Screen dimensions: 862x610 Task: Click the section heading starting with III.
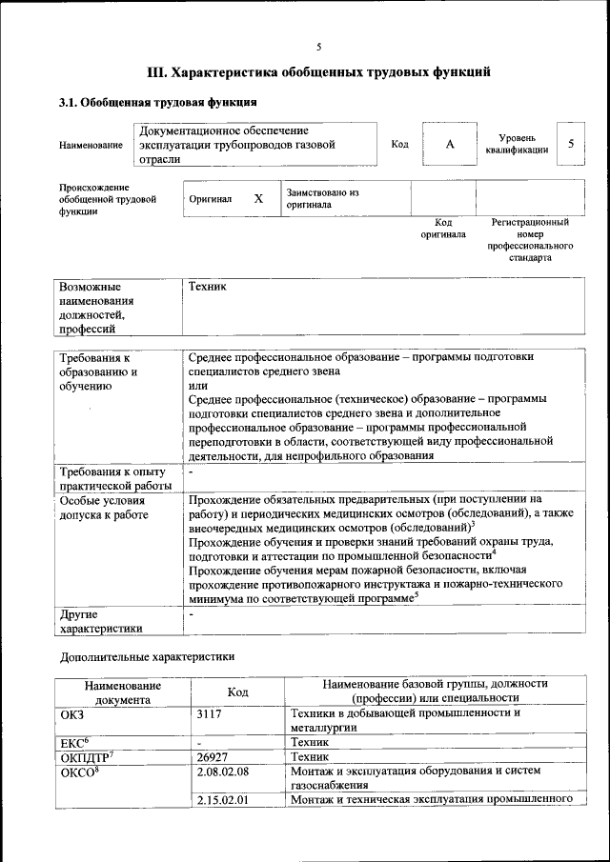click(319, 72)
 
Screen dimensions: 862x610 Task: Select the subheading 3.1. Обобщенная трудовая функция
click(157, 102)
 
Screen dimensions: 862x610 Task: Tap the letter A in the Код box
click(450, 144)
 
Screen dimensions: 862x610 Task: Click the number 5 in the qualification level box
click(571, 143)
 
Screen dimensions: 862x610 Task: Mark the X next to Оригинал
click(258, 199)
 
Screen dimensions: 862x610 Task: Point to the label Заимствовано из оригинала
click(322, 198)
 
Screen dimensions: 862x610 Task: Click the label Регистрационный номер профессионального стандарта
click(530, 239)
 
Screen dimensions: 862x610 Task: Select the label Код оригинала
click(443, 228)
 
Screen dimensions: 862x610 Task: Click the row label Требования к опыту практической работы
click(114, 478)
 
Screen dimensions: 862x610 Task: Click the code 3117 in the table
click(210, 712)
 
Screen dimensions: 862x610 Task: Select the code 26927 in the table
click(213, 755)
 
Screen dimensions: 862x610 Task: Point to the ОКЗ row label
click(72, 712)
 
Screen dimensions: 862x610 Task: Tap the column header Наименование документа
click(122, 692)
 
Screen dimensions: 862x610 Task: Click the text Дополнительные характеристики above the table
click(147, 656)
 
